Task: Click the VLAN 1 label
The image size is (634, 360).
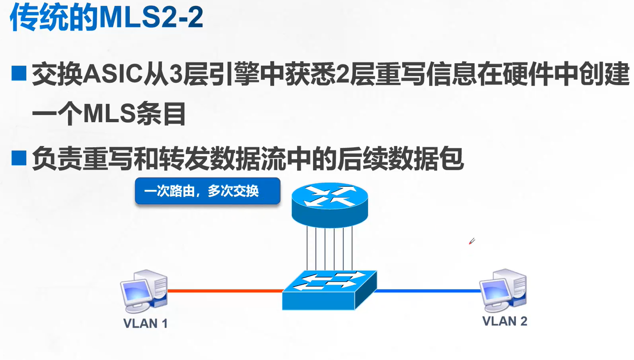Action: (145, 323)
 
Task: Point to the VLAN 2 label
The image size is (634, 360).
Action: (505, 321)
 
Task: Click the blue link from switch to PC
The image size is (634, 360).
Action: (427, 291)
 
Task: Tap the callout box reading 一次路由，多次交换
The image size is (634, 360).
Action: (208, 192)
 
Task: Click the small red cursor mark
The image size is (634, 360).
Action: (471, 242)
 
